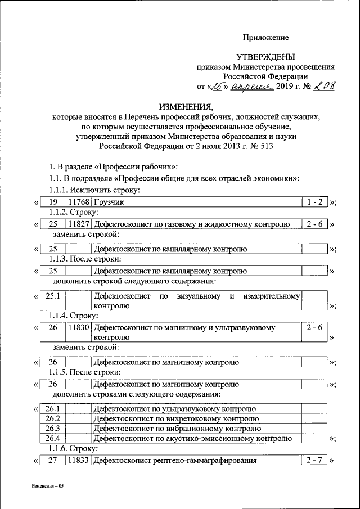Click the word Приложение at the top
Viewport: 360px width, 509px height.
265,38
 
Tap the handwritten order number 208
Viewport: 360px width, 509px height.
323,86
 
